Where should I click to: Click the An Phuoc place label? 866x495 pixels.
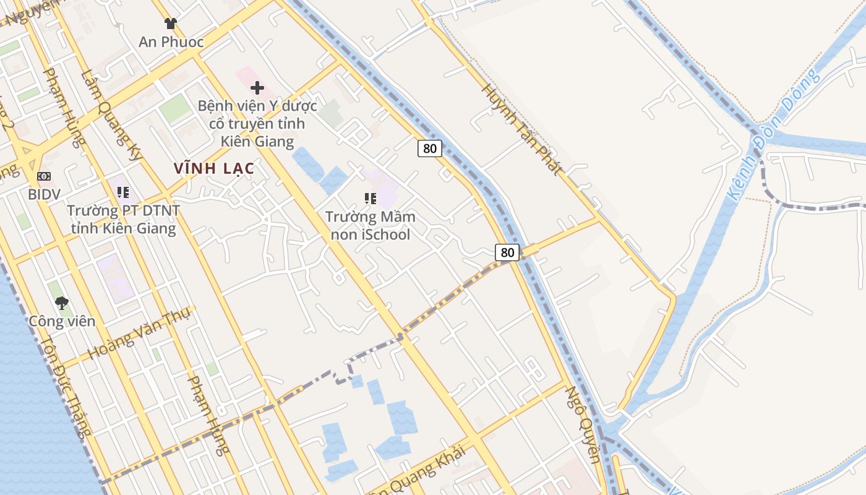pyautogui.click(x=171, y=42)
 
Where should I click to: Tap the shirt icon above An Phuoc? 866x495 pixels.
pyautogui.click(x=171, y=24)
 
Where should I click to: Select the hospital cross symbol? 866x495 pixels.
pyautogui.click(x=257, y=88)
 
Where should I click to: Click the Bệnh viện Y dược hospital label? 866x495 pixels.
pyautogui.click(x=257, y=124)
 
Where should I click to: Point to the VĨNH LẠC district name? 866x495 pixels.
pyautogui.click(x=214, y=168)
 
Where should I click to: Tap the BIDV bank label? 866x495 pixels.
pyautogui.click(x=44, y=194)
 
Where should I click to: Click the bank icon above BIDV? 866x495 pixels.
pyautogui.click(x=44, y=176)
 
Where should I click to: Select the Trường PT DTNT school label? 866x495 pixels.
pyautogui.click(x=123, y=219)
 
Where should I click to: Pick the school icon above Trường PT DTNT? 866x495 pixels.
pyautogui.click(x=123, y=192)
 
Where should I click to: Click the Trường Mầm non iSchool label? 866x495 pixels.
pyautogui.click(x=371, y=226)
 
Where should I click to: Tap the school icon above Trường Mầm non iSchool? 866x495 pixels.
pyautogui.click(x=371, y=199)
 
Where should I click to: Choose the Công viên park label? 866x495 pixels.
pyautogui.click(x=62, y=321)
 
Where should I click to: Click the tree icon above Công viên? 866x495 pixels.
pyautogui.click(x=62, y=303)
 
